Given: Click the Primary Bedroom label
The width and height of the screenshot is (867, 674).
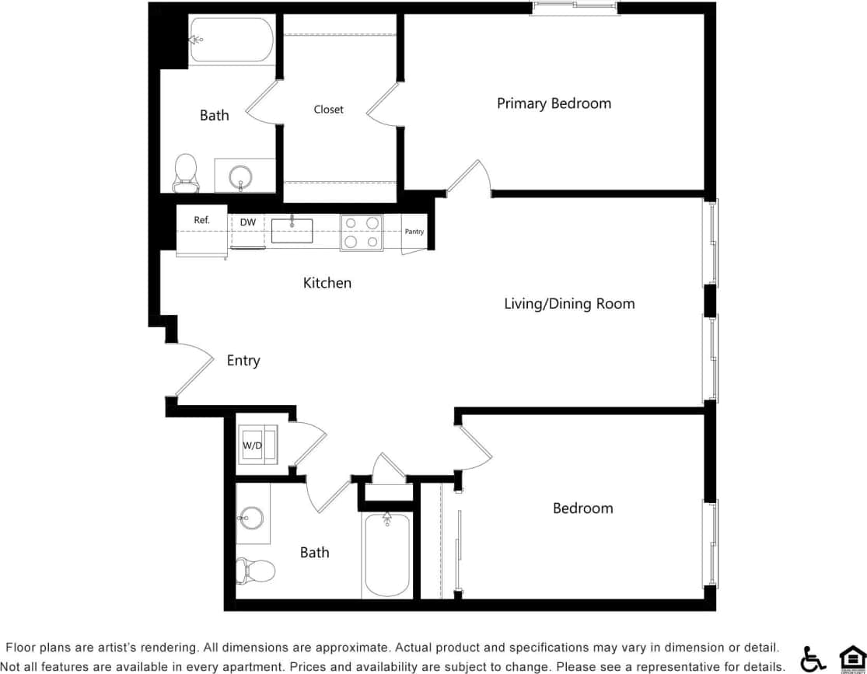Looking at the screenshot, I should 554,103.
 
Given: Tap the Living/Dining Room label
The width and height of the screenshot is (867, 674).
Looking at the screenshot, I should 569,304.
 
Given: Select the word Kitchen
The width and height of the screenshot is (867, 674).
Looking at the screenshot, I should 327,283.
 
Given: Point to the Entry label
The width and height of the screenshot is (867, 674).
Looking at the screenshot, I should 243,361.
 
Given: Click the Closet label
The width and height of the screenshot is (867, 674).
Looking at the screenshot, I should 328,110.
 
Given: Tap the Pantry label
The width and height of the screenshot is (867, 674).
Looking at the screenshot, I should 414,232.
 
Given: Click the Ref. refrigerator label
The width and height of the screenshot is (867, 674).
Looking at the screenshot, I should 201,221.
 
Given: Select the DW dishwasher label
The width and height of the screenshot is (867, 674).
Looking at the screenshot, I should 247,223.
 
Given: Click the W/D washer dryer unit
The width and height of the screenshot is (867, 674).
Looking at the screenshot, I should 253,445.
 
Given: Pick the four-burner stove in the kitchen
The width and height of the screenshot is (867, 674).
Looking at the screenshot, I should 362,232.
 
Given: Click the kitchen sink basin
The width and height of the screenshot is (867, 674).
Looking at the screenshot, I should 292,231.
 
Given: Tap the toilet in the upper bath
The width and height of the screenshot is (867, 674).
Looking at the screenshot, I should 185,172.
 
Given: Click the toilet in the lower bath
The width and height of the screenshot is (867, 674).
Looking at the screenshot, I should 256,571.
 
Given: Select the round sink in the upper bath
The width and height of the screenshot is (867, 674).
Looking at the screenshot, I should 241,176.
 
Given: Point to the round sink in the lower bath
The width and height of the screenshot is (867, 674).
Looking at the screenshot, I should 251,517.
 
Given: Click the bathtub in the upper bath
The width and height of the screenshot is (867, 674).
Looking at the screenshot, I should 232,40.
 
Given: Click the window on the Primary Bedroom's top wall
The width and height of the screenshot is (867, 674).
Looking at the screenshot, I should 575,8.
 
